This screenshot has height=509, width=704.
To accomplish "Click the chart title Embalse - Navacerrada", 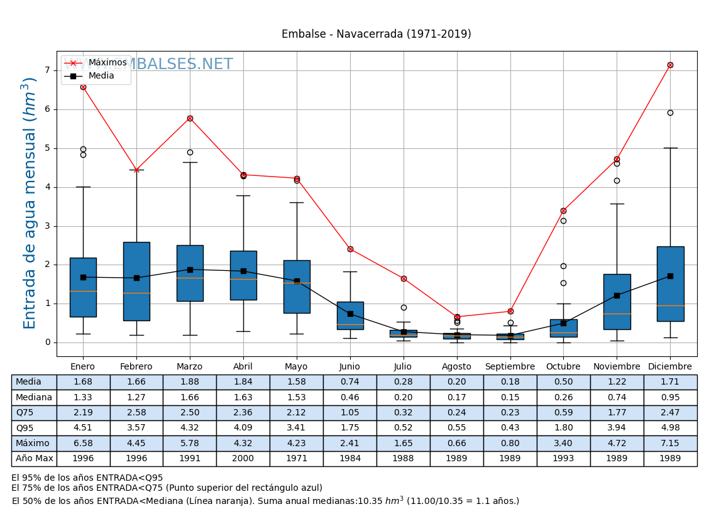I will pos(376,35).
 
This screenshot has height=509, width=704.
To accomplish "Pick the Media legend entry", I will pos(101,76).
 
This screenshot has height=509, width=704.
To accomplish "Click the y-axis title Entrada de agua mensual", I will pos(30,203).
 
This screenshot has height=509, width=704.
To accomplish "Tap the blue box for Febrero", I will pos(136,282).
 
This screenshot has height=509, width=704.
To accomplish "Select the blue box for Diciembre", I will pos(670,284).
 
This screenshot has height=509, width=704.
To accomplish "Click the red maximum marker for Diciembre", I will pos(670,65).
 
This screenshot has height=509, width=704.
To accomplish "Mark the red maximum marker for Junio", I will pos(350,249).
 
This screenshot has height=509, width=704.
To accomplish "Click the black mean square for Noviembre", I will pos(617,295).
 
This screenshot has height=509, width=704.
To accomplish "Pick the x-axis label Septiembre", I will pos(510,367).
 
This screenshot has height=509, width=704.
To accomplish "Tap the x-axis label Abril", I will pos(243,367).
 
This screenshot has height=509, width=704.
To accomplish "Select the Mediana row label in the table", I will pos(34,398).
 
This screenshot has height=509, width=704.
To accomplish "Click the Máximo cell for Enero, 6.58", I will pos(83,444).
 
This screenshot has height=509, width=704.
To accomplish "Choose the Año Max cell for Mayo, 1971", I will pos(296,459).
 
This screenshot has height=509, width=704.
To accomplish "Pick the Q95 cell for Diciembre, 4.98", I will pos(670,429).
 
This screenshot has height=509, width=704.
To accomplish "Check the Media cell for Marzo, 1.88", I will pos(189,382).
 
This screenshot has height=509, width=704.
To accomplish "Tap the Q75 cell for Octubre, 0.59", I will pos(563,413).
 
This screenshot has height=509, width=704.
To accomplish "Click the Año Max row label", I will pos(34,459).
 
